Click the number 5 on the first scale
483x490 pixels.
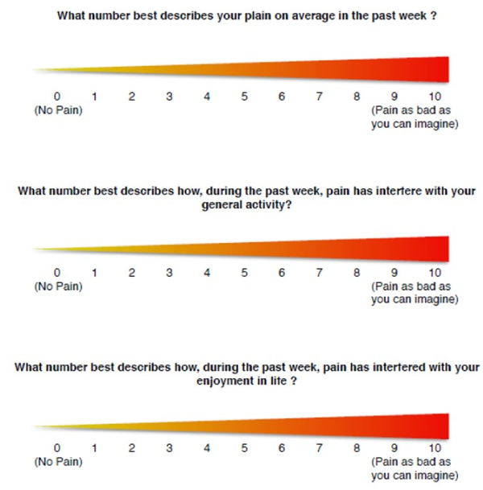click(x=245, y=97)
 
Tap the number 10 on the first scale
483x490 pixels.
click(x=435, y=97)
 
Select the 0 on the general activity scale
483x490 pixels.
click(x=56, y=273)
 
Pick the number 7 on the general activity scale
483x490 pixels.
click(x=320, y=273)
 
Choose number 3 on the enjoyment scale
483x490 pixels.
click(x=169, y=447)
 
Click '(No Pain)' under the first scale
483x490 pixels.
click(x=57, y=110)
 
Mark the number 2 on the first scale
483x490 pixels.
click(x=132, y=97)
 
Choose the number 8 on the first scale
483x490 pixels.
click(x=357, y=97)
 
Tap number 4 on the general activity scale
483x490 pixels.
click(x=207, y=273)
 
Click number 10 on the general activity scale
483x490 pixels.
click(x=435, y=273)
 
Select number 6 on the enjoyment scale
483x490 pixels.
click(x=282, y=447)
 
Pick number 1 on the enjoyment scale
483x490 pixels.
click(x=94, y=447)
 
